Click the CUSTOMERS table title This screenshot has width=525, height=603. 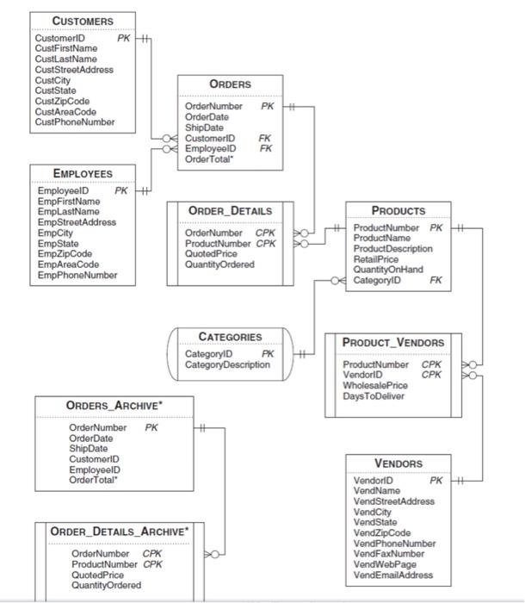pos(83,21)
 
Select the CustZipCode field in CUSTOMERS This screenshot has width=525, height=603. pos(62,102)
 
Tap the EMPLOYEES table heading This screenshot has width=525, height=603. pos(83,173)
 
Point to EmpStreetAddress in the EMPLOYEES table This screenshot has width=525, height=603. pos(76,222)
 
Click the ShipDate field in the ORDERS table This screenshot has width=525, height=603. pos(204,127)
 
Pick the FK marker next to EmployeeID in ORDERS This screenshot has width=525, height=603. pos(266,148)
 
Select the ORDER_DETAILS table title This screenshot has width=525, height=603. pos(230,211)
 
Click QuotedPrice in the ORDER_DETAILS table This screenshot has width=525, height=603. pos(211,254)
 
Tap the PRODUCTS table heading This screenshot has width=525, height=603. pos(398,210)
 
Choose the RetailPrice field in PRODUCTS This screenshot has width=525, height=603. pos(376,259)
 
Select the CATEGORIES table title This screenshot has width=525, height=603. pos(230,337)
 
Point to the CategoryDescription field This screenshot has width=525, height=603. pos(227,364)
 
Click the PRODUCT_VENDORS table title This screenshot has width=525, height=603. pos(393,343)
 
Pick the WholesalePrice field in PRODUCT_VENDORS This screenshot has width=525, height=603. pos(375,386)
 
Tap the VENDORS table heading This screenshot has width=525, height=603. pos(398,463)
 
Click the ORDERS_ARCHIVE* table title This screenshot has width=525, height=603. pos(114,406)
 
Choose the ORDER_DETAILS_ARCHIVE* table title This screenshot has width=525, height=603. pos(119,532)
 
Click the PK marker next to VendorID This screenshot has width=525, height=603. pos(436,480)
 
